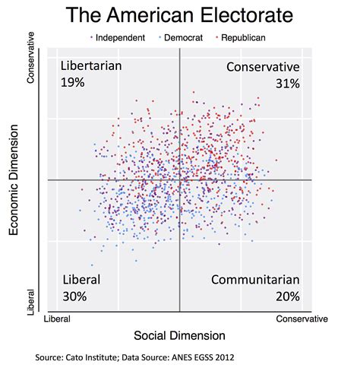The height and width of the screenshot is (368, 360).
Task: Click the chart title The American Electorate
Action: point(179,15)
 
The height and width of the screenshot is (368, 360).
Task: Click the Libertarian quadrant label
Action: point(90,66)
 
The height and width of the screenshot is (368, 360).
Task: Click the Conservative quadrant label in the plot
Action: point(263,67)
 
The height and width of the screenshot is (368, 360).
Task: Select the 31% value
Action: point(287,83)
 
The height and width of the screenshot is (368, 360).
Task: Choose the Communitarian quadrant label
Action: point(255,279)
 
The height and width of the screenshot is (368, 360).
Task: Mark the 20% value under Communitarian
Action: point(287,296)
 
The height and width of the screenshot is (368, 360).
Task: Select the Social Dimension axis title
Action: point(179,335)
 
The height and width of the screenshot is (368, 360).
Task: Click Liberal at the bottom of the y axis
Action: point(32,300)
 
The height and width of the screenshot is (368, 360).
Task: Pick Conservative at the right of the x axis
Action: point(302,319)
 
